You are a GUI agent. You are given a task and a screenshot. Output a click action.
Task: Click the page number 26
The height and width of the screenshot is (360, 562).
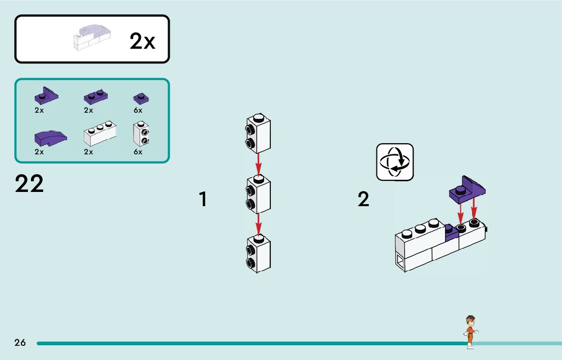20,343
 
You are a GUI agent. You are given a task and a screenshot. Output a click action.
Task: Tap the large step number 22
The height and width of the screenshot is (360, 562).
29,184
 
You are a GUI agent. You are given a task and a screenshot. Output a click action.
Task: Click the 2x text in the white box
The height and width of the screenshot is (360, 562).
142,41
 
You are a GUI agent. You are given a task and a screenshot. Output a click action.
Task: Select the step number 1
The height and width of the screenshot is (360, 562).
203,199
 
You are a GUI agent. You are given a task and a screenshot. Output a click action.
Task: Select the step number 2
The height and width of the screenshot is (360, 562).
363,199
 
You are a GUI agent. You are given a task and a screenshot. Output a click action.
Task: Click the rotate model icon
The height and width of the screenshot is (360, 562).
395,162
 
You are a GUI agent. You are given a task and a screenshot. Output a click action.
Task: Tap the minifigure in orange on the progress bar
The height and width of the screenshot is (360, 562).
471,332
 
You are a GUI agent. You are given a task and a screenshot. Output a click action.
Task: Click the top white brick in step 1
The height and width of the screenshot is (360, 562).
258,134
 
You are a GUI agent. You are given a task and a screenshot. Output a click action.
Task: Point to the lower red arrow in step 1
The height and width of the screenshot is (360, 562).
258,223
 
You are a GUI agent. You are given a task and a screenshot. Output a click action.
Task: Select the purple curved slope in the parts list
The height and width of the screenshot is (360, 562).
49,137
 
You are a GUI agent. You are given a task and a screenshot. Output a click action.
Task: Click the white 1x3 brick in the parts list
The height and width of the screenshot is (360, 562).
99,135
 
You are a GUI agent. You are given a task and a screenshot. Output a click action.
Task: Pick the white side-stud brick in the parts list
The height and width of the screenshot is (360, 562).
141,134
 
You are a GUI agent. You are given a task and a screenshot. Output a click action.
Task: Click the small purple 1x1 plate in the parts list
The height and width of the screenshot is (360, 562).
140,98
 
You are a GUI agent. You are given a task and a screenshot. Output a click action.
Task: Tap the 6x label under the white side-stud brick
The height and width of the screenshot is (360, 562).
138,152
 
